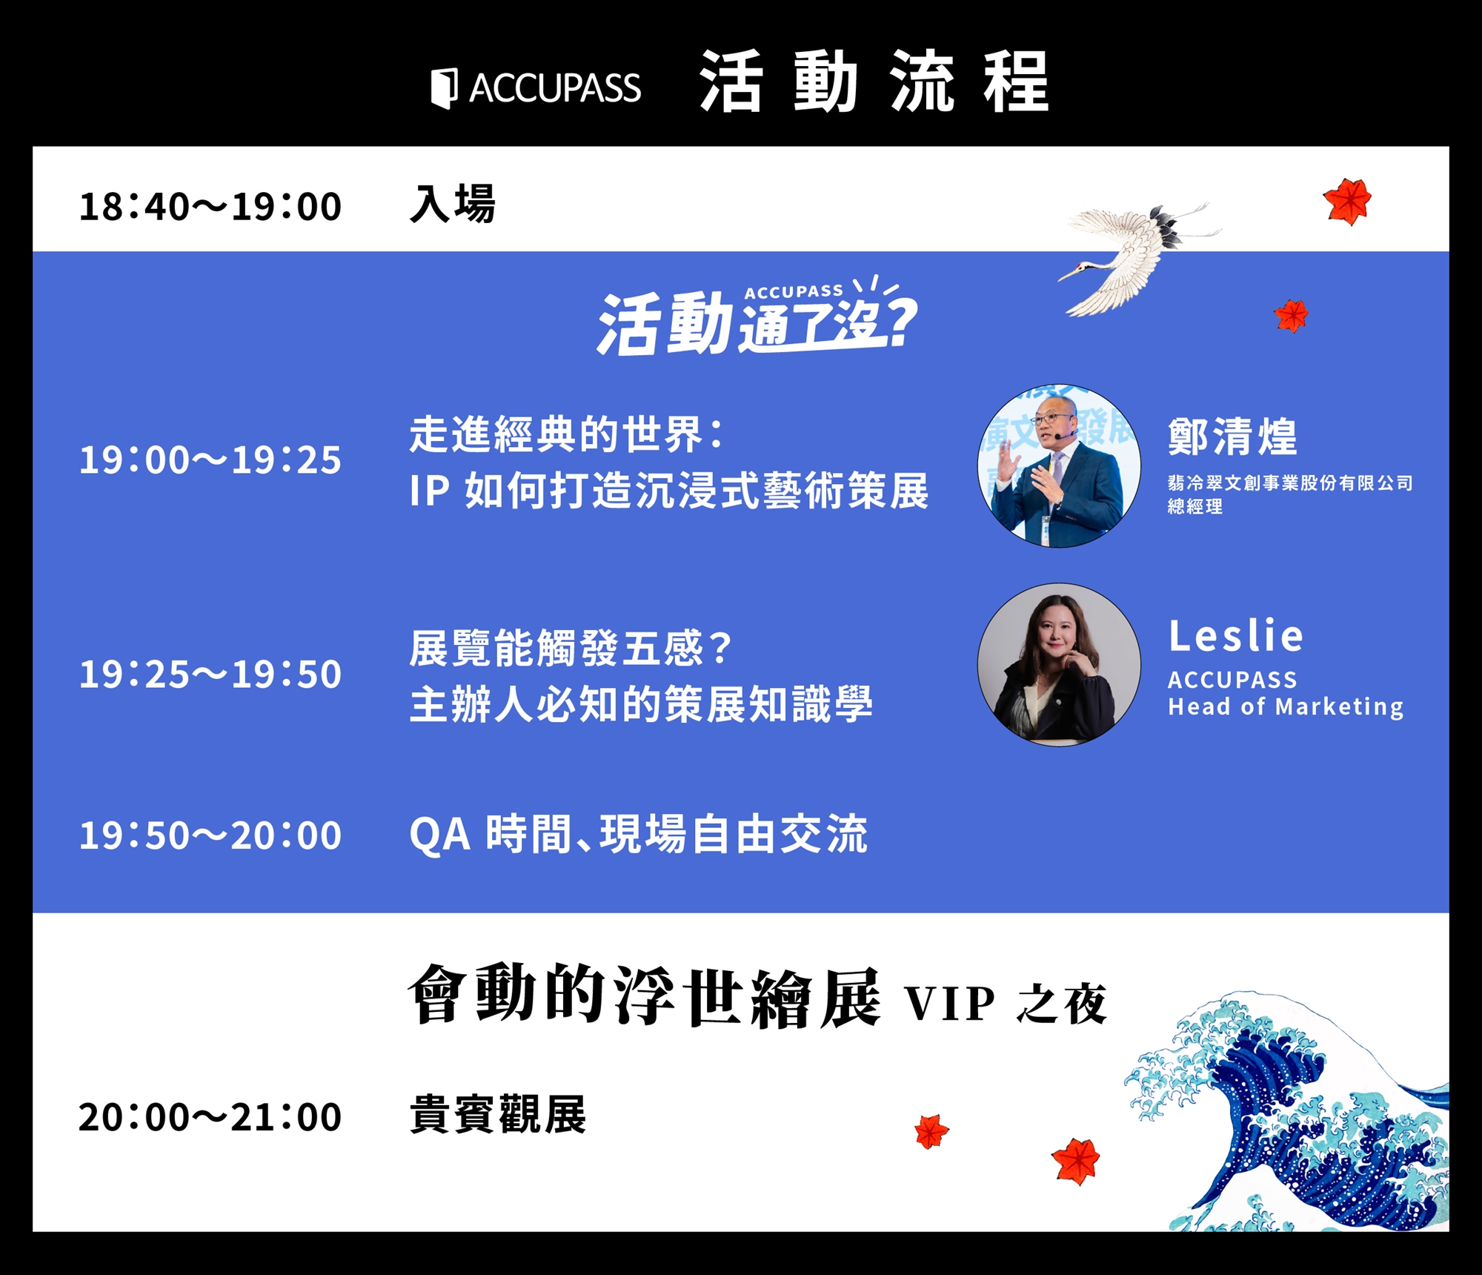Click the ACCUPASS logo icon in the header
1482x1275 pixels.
pos(445,88)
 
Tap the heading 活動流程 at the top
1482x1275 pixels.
pos(874,82)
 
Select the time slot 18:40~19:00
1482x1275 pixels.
pos(210,206)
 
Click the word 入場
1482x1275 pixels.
pos(452,204)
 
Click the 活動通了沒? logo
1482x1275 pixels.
pos(757,317)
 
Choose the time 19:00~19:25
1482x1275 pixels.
pos(210,460)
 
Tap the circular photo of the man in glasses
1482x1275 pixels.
pos(1059,466)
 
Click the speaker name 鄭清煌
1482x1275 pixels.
pos(1232,436)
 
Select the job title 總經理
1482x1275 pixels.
pos(1195,506)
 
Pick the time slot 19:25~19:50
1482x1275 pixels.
pos(210,675)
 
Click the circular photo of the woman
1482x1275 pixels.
pos(1059,664)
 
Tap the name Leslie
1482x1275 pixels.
pos(1235,636)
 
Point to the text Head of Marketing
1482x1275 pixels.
pos(1286,706)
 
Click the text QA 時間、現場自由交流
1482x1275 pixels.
pos(638,835)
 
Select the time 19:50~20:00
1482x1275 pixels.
pos(210,835)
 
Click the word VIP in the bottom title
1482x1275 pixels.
pos(949,1004)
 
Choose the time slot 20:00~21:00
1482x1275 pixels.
pos(210,1117)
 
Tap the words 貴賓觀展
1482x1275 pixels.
pos(497,1114)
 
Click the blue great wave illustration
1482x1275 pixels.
pos(1289,1119)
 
